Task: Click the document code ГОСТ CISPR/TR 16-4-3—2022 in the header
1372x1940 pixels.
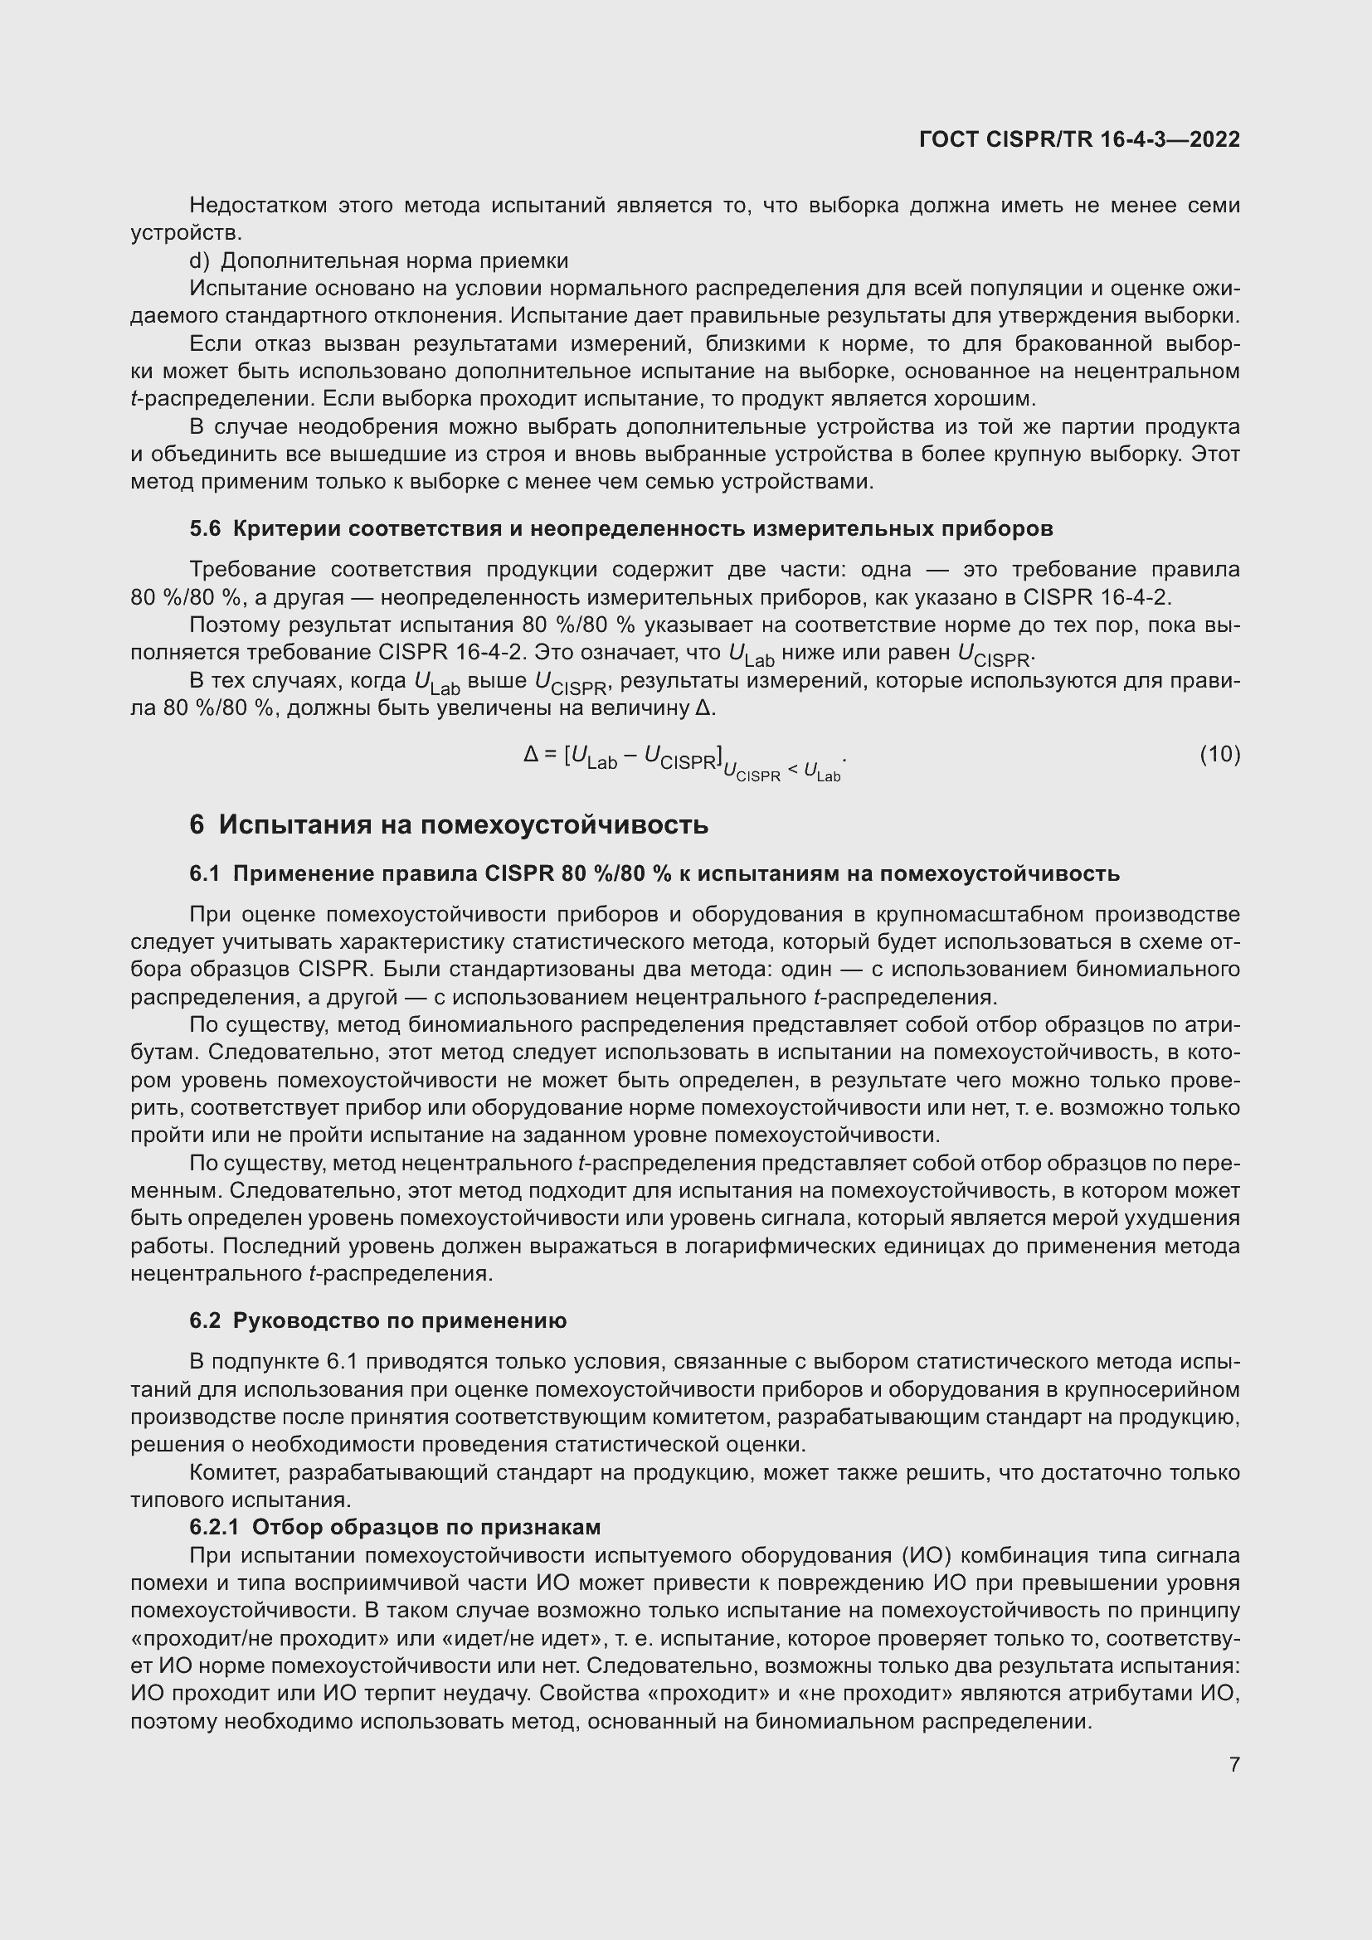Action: [x=1079, y=139]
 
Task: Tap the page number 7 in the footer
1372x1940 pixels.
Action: [x=1234, y=1765]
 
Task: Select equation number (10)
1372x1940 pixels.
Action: [x=1220, y=754]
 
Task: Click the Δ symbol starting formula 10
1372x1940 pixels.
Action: [x=531, y=754]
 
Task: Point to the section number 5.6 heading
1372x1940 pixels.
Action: [x=204, y=529]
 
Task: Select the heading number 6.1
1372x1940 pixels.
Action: [x=204, y=873]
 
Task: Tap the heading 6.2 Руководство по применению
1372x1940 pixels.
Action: [x=377, y=1320]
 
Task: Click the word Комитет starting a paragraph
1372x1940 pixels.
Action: [x=234, y=1473]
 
